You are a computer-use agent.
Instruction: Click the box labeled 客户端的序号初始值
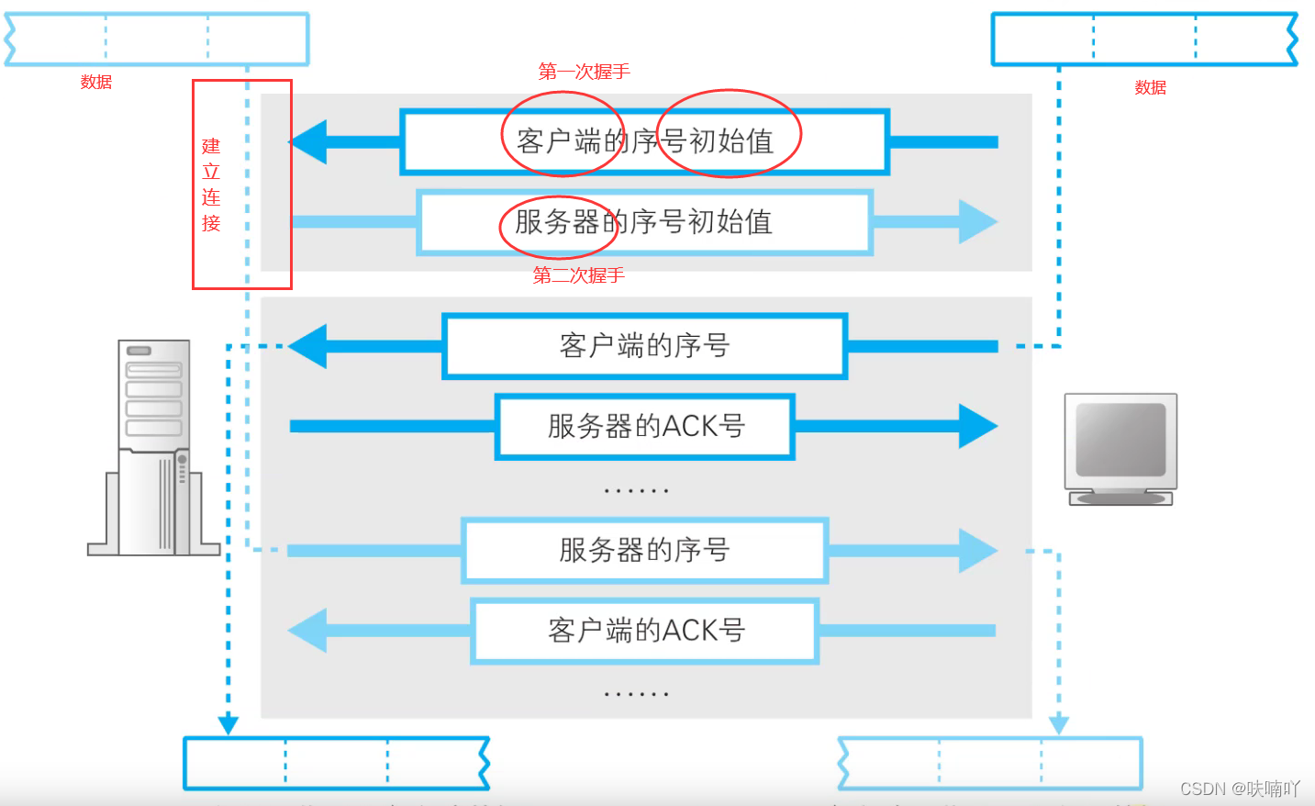tap(644, 141)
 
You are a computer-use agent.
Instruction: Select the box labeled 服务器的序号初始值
tap(644, 222)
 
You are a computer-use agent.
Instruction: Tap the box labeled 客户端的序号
tap(644, 346)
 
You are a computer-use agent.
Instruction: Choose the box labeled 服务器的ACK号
tap(644, 426)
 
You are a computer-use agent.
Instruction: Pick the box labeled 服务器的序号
tap(644, 550)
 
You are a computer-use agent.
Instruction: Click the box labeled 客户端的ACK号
tap(644, 631)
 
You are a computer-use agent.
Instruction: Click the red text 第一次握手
tap(584, 72)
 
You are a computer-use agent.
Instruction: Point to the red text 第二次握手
tap(578, 274)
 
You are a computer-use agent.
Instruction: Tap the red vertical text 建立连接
tap(211, 185)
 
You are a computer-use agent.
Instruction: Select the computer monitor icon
tap(1120, 449)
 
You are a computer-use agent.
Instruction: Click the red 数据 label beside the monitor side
tap(1150, 87)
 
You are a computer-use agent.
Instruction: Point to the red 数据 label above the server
tap(95, 82)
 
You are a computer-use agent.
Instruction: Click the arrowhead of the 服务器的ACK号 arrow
tap(978, 426)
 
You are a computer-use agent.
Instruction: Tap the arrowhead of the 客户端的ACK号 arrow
tap(308, 631)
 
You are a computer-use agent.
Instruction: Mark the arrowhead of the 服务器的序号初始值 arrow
tap(978, 222)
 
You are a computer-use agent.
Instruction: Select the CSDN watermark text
tap(1239, 789)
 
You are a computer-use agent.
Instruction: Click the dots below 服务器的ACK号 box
tap(636, 491)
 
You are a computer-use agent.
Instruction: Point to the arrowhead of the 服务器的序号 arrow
tap(978, 550)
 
